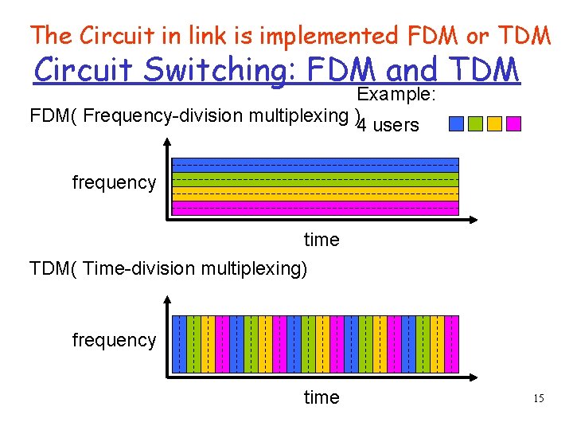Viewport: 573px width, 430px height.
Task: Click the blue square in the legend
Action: pos(456,123)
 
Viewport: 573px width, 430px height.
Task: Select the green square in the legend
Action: pos(475,123)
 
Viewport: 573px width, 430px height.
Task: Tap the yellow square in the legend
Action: pos(494,123)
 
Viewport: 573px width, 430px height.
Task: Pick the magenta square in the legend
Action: pos(513,123)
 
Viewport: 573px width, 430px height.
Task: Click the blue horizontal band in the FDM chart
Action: pos(315,165)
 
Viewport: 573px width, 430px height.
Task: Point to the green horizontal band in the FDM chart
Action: pos(315,179)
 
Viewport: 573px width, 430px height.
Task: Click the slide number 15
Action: pos(539,397)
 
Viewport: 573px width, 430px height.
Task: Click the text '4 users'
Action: pos(388,125)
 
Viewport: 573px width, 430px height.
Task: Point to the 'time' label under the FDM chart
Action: pos(322,240)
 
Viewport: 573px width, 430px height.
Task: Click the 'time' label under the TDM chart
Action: pos(322,397)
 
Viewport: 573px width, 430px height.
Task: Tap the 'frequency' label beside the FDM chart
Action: pos(114,182)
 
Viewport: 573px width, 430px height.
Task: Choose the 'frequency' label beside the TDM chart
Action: pos(114,340)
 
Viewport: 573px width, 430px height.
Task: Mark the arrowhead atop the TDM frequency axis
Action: pos(166,300)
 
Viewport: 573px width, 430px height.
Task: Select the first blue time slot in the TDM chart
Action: pos(179,344)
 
